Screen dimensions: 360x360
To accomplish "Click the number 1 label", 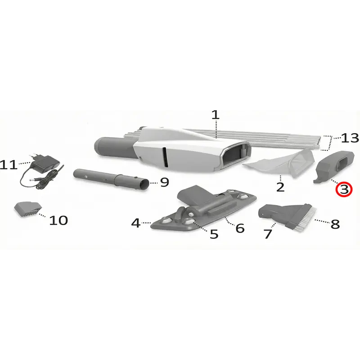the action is [x=216, y=115].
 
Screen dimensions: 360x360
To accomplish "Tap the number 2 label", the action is [x=280, y=187].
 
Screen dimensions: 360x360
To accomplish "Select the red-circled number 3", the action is [x=343, y=189].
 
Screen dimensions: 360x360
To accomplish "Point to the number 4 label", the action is [x=136, y=223].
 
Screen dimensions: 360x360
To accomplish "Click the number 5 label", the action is [x=214, y=234].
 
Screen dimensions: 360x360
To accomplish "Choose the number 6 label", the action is [x=240, y=228].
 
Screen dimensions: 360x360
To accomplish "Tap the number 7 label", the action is [x=268, y=234].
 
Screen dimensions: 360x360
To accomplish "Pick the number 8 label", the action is [x=335, y=224].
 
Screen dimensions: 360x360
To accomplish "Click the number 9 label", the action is [x=164, y=182].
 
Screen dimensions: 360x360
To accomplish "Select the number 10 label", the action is [x=58, y=220].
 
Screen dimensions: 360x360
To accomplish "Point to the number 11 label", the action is [x=9, y=165].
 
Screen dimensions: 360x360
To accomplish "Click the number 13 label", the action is [x=350, y=138].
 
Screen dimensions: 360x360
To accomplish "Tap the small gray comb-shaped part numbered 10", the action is [x=28, y=209].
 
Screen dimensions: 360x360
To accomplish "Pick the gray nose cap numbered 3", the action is [x=334, y=166].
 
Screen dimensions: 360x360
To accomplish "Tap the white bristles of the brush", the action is [x=305, y=219].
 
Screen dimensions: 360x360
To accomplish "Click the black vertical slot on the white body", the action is [x=165, y=157].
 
